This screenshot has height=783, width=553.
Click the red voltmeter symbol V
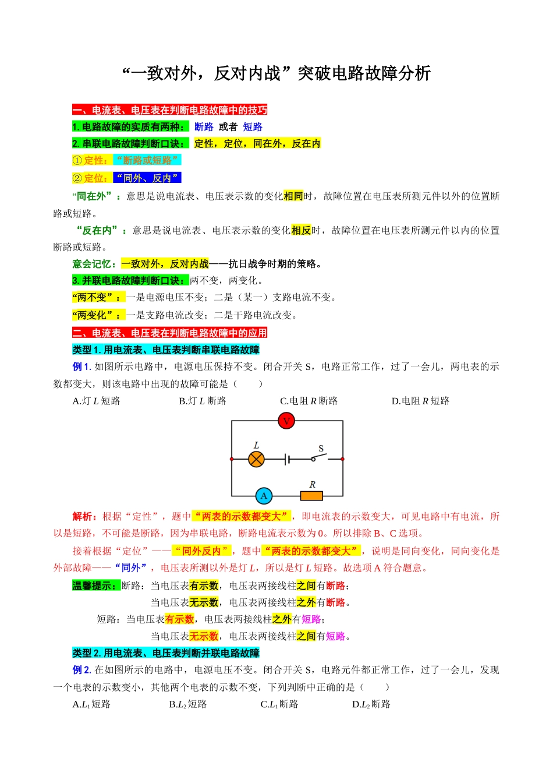pyautogui.click(x=286, y=421)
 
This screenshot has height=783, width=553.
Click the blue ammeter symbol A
pyautogui.click(x=264, y=496)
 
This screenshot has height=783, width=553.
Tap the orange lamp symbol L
pyautogui.click(x=256, y=459)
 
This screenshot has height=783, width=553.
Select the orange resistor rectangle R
pyautogui.click(x=311, y=496)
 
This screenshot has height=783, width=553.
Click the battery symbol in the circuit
pyautogui.click(x=288, y=459)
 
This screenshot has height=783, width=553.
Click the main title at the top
pyautogui.click(x=276, y=73)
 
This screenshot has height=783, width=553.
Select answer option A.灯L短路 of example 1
pyautogui.click(x=96, y=401)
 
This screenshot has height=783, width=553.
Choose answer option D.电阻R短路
pyautogui.click(x=420, y=401)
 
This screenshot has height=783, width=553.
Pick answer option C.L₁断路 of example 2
pyautogui.click(x=279, y=704)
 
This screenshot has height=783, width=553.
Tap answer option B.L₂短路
pyautogui.click(x=187, y=704)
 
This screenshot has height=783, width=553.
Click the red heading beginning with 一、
pyautogui.click(x=169, y=110)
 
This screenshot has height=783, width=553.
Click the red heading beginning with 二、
pyautogui.click(x=169, y=333)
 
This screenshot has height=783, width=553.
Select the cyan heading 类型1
pyautogui.click(x=166, y=350)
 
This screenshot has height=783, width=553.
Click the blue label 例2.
pyautogui.click(x=81, y=670)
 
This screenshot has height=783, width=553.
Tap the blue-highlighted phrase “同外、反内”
pyautogui.click(x=147, y=178)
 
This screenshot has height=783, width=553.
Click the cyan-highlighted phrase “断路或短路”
pyautogui.click(x=147, y=160)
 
